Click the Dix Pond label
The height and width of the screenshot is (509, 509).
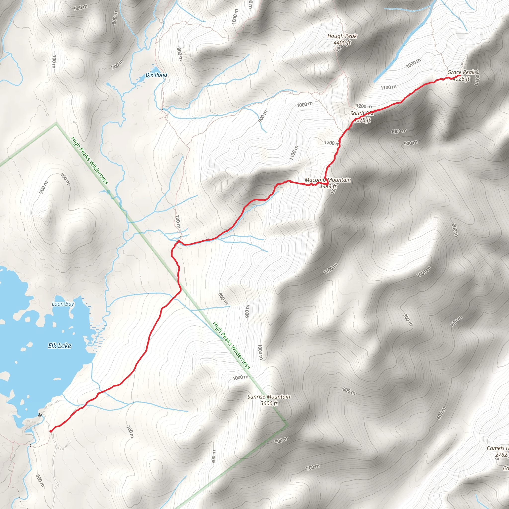(x=156, y=75)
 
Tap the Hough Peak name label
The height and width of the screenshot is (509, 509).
(x=342, y=36)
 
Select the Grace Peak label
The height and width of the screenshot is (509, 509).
(x=461, y=72)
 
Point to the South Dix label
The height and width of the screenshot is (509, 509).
(x=361, y=113)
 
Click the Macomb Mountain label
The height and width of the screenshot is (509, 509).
(x=328, y=180)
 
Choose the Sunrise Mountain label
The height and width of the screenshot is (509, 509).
(x=269, y=396)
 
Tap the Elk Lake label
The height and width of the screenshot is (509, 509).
(x=60, y=346)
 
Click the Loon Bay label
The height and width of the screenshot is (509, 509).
(x=63, y=304)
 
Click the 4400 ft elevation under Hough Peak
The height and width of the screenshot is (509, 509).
(x=342, y=42)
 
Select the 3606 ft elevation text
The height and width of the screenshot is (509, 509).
(x=269, y=403)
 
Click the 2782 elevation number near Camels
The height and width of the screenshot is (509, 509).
(x=501, y=455)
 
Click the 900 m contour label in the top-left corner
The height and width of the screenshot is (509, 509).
(x=81, y=8)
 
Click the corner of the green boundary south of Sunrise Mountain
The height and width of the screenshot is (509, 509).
(x=288, y=425)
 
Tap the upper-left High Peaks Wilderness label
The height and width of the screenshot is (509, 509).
(x=89, y=161)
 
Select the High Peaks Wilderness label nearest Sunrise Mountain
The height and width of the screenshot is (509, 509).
(x=231, y=345)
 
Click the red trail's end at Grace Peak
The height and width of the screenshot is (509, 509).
(x=460, y=76)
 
